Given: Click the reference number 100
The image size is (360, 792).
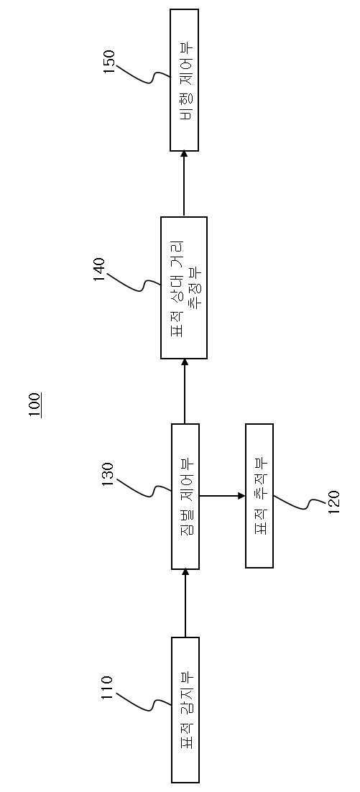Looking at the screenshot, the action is [35, 405].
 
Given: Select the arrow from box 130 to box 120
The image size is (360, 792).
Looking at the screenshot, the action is [222, 495].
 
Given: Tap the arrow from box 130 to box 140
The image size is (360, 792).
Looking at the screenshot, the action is [185, 391].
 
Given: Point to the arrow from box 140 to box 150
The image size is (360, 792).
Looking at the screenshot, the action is [185, 183].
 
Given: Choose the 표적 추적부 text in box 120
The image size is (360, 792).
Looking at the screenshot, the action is [259, 496].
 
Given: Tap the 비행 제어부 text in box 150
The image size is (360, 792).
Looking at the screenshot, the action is [185, 79].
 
